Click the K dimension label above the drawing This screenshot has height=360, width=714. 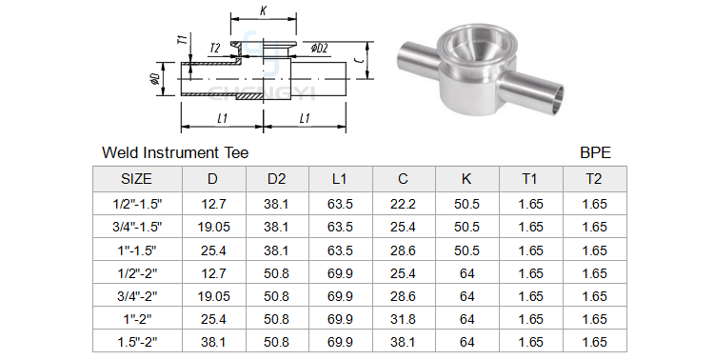263,10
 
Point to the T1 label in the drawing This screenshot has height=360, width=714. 182,40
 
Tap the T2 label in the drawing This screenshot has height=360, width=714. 215,49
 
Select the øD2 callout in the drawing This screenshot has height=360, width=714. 319,48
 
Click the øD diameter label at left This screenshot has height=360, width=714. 154,78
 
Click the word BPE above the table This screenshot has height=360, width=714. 595,152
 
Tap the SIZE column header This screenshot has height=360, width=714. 136,179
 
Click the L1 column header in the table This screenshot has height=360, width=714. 340,179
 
